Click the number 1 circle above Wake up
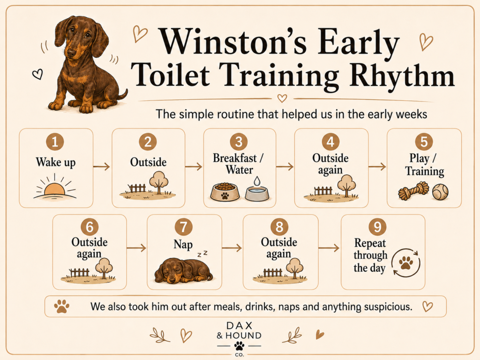(x=55, y=142)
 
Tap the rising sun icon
(x=55, y=187)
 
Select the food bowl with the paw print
(x=225, y=192)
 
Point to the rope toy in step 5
(x=413, y=190)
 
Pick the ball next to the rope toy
(x=440, y=191)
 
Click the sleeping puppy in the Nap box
(x=183, y=270)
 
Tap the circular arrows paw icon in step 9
(x=406, y=262)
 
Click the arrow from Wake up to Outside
(x=102, y=166)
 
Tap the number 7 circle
(x=183, y=227)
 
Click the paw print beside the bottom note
(x=61, y=306)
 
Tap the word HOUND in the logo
(x=243, y=336)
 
